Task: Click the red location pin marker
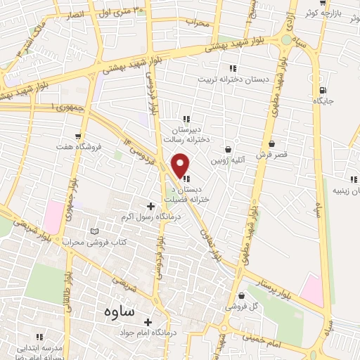click(181, 165)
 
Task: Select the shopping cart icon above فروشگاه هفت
click(77, 136)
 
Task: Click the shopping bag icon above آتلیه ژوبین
click(228, 149)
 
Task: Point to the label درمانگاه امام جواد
click(148, 333)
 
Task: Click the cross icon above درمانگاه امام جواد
click(148, 322)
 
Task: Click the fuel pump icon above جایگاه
click(323, 90)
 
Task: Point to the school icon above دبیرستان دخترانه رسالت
click(186, 119)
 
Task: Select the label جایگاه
click(323, 101)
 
